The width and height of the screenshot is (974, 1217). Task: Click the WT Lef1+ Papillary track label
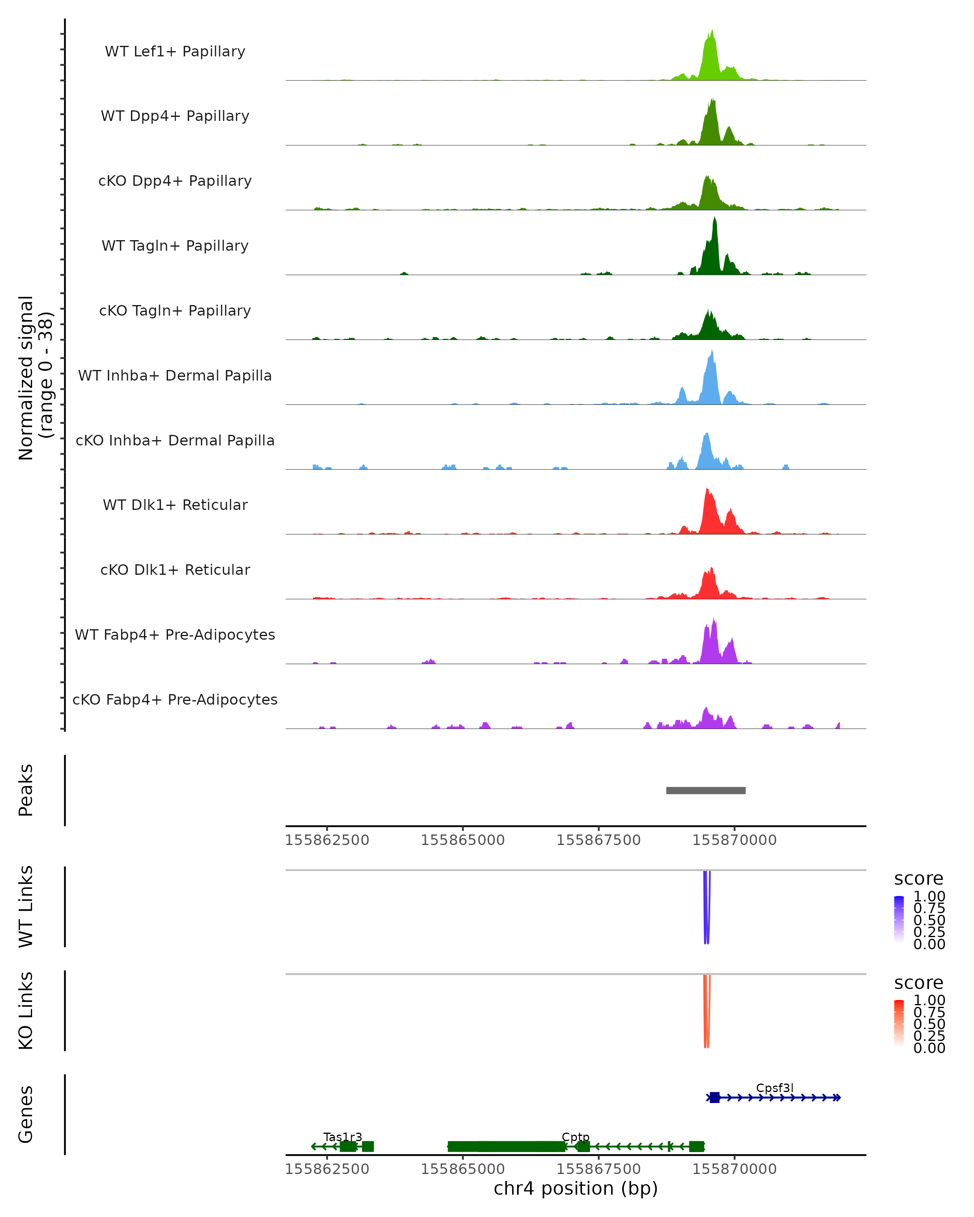click(x=175, y=52)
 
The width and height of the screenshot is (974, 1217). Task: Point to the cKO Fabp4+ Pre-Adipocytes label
click(x=175, y=699)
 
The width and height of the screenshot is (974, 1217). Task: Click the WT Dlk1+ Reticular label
click(x=175, y=505)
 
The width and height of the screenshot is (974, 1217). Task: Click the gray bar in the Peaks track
click(x=706, y=790)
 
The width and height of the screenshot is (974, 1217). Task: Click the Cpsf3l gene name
click(x=775, y=1088)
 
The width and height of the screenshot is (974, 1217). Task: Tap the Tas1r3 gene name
click(x=343, y=1137)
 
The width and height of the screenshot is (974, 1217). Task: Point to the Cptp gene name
click(x=575, y=1137)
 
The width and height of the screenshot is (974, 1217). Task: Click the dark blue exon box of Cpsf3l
click(x=715, y=1097)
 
